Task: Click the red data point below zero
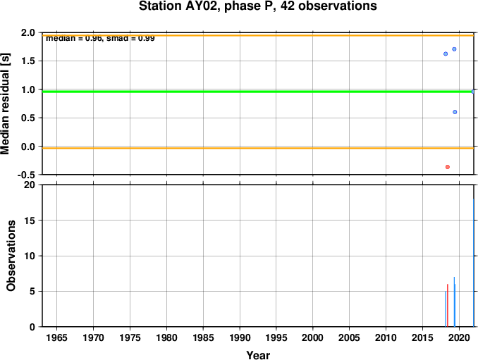click(447, 167)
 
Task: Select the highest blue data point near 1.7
click(454, 49)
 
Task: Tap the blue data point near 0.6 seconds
click(455, 112)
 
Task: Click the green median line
click(258, 92)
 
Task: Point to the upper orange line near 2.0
click(258, 36)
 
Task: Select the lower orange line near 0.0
click(258, 149)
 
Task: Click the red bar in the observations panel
click(448, 306)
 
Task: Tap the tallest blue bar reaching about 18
click(474, 263)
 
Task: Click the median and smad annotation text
click(100, 39)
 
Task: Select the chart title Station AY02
click(258, 6)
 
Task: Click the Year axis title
click(258, 355)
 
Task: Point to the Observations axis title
click(11, 256)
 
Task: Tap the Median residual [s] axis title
click(5, 104)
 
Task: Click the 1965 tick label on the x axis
click(56, 337)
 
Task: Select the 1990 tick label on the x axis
click(240, 337)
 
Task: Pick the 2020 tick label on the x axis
click(459, 337)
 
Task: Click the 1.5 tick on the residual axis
click(28, 61)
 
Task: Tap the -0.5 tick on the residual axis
click(26, 175)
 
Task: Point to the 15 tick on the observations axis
click(30, 221)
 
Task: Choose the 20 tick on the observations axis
click(30, 185)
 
